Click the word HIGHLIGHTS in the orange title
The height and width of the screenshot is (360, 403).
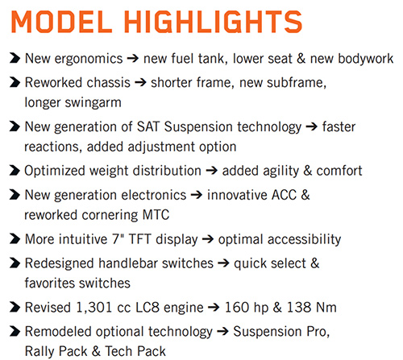[213, 22]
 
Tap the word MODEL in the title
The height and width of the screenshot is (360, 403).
[61, 22]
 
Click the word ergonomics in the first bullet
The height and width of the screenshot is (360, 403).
[89, 60]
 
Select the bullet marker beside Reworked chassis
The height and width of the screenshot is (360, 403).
[15, 82]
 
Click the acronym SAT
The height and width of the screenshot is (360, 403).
[148, 126]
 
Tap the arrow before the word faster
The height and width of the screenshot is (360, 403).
[312, 126]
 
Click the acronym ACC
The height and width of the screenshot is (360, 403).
[285, 195]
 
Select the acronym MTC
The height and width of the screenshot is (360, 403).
[156, 215]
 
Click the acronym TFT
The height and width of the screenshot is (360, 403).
[139, 239]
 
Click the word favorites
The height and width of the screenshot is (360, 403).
[49, 283]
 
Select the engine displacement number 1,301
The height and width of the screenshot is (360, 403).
[94, 308]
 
